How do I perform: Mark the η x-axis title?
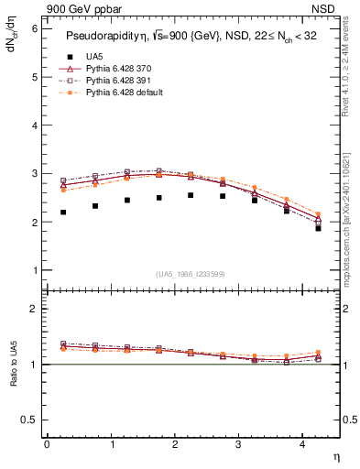coord(335,455)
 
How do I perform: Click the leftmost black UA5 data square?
coord(63,213)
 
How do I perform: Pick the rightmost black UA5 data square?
coord(318,228)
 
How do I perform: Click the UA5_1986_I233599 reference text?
coord(191,275)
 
